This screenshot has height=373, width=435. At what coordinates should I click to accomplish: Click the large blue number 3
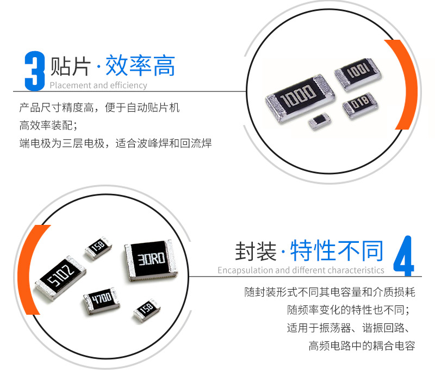point(35,71)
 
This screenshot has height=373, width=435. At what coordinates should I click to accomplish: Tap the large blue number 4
point(403,256)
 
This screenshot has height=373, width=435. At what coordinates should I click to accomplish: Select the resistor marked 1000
point(300,98)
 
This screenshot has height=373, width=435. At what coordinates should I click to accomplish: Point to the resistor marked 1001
point(358,74)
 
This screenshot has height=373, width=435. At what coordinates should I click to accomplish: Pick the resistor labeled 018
point(360,106)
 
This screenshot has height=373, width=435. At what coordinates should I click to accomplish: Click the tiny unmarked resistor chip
point(320,121)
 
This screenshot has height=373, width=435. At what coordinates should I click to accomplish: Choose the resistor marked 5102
point(60,278)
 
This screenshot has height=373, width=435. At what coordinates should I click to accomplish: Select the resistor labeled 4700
point(101,301)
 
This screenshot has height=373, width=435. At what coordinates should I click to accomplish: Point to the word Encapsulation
point(246,270)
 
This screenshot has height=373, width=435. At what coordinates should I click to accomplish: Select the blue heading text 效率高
point(140,65)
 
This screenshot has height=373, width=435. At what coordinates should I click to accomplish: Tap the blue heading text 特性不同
point(337,251)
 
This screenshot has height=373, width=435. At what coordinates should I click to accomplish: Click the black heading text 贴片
point(71,66)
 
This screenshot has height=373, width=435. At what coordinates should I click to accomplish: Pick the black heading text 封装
point(256,251)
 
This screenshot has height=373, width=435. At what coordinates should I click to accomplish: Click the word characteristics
point(352,270)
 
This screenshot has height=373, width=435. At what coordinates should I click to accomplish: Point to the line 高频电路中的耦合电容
point(362,346)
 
